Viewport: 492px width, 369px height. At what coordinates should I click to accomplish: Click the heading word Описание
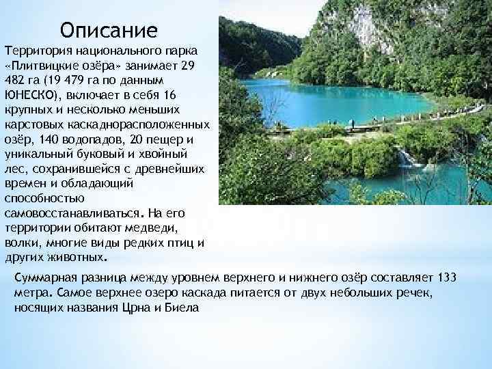[x=109, y=30]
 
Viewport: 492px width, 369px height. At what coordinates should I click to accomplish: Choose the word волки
[x=20, y=243]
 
